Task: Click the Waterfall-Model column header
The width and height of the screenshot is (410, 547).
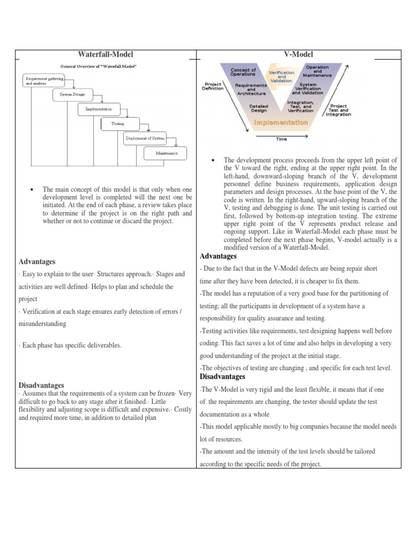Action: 105,54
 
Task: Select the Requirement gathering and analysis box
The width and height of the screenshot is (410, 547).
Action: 46,81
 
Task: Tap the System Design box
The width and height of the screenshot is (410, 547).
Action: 72,95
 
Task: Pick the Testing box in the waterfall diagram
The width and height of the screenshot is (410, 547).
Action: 117,124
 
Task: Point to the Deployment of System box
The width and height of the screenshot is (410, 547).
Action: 145,138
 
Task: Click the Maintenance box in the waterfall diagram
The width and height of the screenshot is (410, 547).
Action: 167,153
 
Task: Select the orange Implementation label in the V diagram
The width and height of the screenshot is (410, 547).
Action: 281,122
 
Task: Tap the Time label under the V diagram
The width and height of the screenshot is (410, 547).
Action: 281,139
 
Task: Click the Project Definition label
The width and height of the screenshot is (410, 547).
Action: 213,86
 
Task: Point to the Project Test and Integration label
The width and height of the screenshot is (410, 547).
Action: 338,110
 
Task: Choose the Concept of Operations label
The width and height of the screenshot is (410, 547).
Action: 243,72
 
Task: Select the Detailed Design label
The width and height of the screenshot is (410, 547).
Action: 258,108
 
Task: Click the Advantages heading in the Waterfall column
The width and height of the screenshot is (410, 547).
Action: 37,262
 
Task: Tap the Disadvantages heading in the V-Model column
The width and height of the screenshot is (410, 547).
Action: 223,377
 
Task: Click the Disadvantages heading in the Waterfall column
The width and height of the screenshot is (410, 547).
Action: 41,385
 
